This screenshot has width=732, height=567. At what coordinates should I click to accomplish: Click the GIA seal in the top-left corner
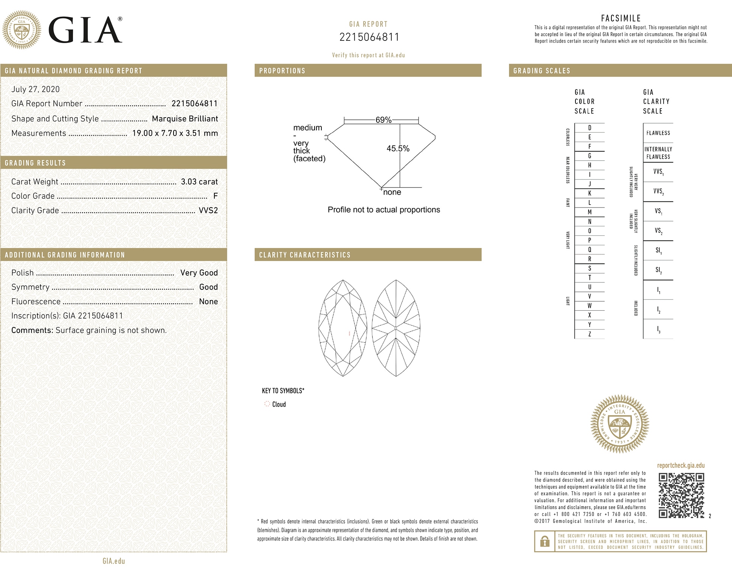click(22, 30)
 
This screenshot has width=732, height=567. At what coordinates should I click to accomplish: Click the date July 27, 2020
click(36, 89)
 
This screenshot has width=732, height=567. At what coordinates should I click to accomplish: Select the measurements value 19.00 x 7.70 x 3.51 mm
click(175, 133)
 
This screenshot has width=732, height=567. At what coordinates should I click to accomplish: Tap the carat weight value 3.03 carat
click(199, 182)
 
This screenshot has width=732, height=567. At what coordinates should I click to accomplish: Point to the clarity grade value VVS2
click(208, 211)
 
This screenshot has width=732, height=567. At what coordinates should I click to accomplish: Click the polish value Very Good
click(199, 273)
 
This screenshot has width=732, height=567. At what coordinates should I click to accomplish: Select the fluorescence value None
click(208, 302)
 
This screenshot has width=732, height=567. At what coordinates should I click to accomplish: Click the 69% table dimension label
click(383, 120)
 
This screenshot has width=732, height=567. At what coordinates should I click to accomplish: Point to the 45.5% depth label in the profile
click(398, 149)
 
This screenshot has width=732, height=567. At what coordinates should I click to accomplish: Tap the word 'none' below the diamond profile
click(392, 192)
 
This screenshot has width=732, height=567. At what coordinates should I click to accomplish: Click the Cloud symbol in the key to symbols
click(267, 404)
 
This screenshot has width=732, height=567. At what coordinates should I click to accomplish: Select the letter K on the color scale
click(589, 194)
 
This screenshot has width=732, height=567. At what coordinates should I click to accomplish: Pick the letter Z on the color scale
click(589, 334)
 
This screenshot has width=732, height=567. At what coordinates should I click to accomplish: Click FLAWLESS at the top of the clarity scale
click(658, 133)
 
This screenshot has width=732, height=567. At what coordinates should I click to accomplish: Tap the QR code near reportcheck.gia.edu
click(681, 495)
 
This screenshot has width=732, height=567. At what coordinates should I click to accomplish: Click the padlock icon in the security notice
click(544, 541)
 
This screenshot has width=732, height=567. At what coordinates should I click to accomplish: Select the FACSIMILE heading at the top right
click(621, 18)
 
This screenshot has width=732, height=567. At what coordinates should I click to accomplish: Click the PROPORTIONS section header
click(282, 71)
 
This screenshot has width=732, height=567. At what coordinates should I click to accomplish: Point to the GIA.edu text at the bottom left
click(114, 561)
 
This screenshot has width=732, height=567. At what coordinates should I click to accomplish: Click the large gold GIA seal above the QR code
click(620, 424)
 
